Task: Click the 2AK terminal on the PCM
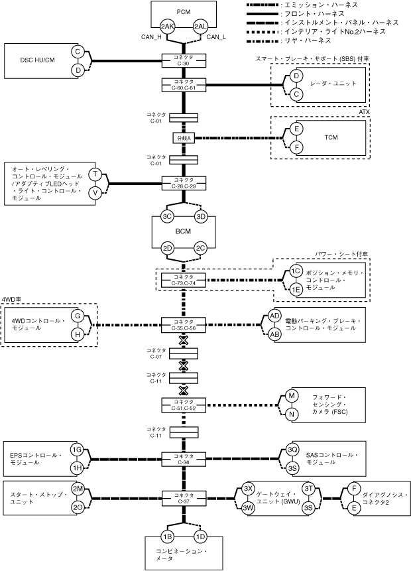point(168,27)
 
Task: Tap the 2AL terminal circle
point(200,27)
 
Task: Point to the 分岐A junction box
point(184,138)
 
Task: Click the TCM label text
point(331,137)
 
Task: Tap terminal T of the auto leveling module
point(95,174)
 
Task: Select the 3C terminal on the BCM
point(168,216)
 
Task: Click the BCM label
point(184,232)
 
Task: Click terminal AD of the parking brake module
point(274,316)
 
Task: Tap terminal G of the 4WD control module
point(78,316)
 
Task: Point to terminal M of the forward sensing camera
point(290,396)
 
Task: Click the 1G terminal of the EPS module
point(77,450)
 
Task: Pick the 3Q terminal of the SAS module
point(292,450)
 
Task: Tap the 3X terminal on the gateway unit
point(249,488)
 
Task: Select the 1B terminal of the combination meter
point(168,536)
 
